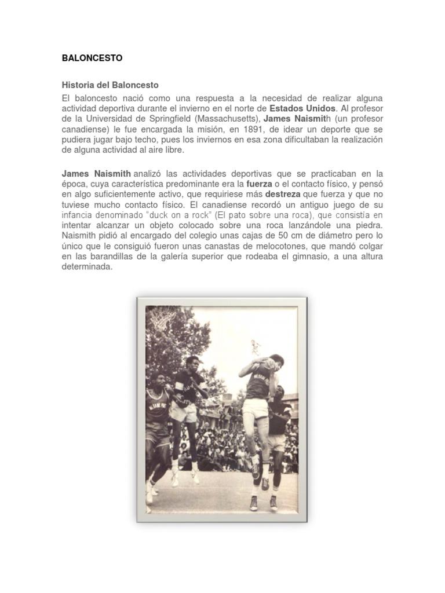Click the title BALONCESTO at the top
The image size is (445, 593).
pyautogui.click(x=92, y=58)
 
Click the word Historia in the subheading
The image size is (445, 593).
pyautogui.click(x=76, y=85)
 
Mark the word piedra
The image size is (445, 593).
pyautogui.click(x=369, y=225)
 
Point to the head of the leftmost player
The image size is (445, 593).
pyautogui.click(x=156, y=379)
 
